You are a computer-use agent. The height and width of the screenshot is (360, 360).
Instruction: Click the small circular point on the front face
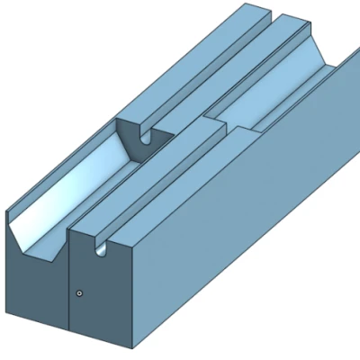(80, 292)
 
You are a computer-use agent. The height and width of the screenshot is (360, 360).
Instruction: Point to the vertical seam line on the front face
(69, 288)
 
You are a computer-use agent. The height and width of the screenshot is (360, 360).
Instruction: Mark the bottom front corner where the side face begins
(133, 346)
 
